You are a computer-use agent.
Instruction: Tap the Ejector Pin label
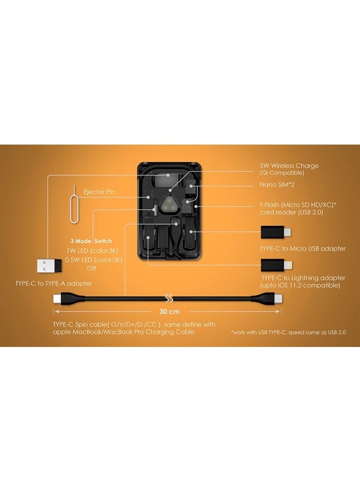point(99,192)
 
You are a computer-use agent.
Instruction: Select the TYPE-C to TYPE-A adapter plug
point(49,266)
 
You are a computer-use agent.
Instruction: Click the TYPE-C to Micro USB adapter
point(276,232)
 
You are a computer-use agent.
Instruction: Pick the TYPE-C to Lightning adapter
point(277,265)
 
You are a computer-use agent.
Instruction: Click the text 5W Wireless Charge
point(289,166)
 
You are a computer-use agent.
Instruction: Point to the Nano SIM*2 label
point(277,185)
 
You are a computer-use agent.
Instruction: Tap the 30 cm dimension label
point(169,312)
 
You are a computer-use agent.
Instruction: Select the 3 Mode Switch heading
point(91,241)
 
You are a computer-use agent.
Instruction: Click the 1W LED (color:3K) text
point(92,251)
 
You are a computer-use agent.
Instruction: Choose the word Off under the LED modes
point(92,268)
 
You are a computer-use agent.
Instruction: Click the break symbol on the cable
point(169,298)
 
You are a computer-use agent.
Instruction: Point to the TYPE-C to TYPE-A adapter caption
point(54,284)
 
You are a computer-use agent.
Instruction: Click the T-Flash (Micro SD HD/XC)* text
point(298,205)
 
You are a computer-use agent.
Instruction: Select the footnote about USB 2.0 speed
point(289,332)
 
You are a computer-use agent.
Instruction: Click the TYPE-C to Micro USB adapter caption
point(303,249)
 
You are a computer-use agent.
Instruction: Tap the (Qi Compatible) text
point(282,173)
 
